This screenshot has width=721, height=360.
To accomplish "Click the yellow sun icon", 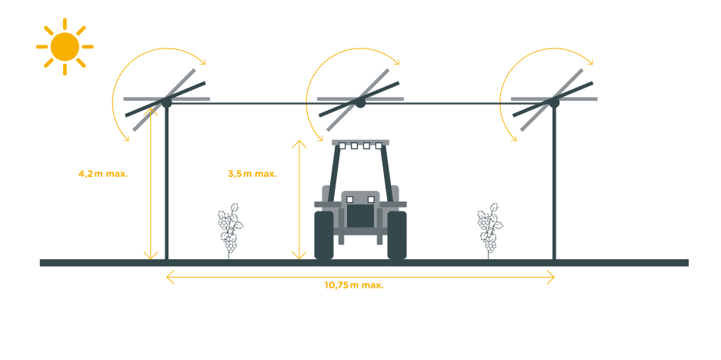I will click(x=65, y=47).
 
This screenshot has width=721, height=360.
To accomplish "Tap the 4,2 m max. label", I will click(x=103, y=173).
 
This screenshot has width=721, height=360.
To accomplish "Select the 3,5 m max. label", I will click(x=252, y=173).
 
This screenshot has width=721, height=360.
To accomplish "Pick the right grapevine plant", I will click(x=489, y=228).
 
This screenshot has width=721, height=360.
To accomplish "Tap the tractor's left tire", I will click(x=323, y=235).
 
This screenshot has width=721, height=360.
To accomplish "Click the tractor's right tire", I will click(x=397, y=235).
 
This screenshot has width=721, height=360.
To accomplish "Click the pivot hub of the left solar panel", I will click(x=166, y=101).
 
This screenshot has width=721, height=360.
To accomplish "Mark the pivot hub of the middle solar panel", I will click(x=360, y=101).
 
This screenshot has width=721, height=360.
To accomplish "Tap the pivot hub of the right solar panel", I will click(x=554, y=101).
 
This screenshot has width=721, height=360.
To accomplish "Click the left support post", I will click(x=166, y=185).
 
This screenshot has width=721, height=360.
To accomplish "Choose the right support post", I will click(x=554, y=185).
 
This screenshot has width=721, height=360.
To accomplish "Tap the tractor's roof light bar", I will click(x=360, y=144).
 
